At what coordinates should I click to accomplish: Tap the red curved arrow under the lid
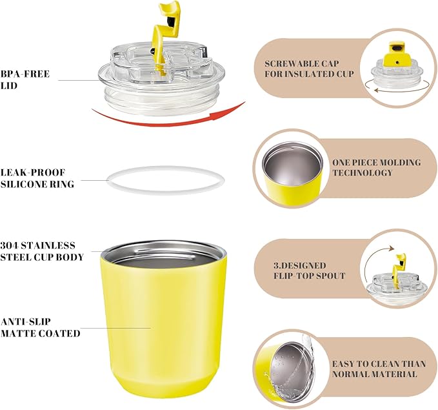168,123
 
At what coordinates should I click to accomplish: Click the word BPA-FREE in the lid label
25,74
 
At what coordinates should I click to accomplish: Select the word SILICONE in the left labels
23,184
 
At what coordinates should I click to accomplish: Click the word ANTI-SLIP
25,322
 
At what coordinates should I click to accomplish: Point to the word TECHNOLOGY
363,172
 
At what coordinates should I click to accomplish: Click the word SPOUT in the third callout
332,276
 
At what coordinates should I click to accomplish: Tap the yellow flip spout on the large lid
165,34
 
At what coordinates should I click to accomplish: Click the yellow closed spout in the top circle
397,54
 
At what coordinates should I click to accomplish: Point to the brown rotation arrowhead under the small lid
376,90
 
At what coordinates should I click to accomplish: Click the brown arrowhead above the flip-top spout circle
392,248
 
